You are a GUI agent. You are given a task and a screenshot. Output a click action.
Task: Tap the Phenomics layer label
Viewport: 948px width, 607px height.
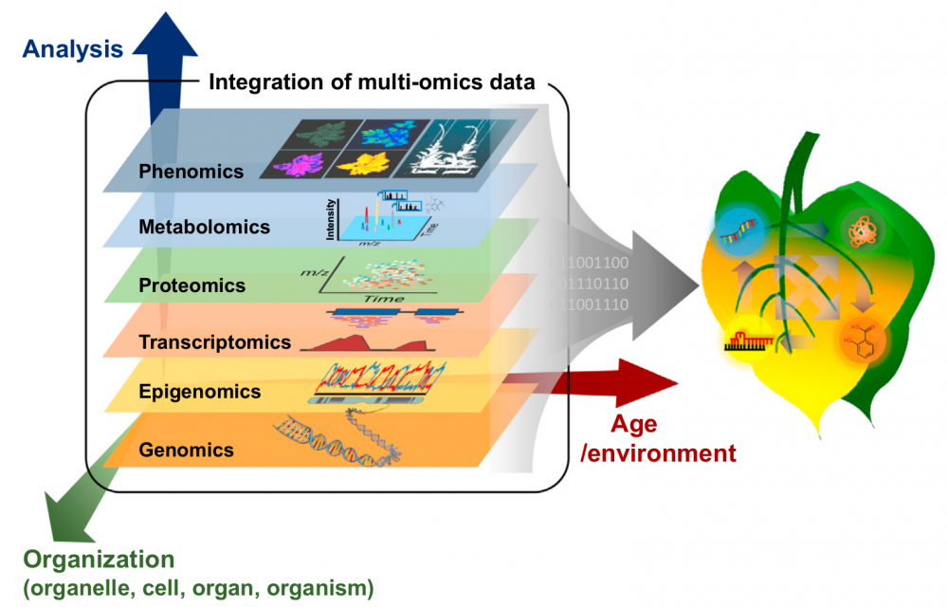(x=191, y=172)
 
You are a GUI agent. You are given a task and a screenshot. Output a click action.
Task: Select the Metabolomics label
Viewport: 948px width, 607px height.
(x=204, y=228)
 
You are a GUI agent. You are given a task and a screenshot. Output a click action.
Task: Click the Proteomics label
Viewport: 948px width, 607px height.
(x=191, y=285)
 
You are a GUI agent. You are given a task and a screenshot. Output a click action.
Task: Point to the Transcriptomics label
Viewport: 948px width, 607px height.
(x=213, y=341)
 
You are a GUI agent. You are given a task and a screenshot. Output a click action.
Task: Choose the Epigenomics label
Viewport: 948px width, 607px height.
(x=199, y=391)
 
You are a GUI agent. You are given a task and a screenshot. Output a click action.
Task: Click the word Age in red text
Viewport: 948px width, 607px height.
(x=634, y=424)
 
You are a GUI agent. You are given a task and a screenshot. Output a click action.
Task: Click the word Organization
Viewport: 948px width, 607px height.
(x=100, y=559)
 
